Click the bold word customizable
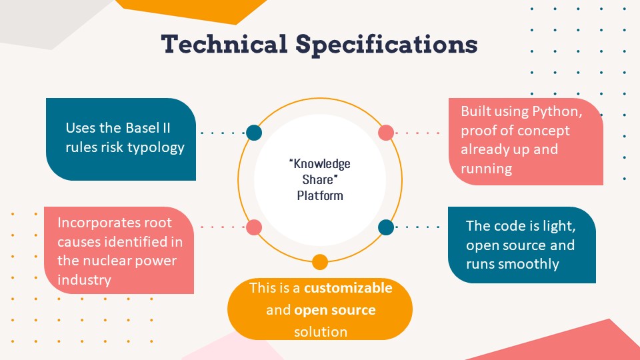point(349,289)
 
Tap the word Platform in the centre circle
point(320,196)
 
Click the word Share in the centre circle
point(320,180)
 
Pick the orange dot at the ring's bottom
point(320,262)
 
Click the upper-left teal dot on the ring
point(254,133)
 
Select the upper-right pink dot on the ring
point(386,133)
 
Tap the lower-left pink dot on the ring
point(254,227)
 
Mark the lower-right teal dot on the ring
point(386,227)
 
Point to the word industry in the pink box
point(84,279)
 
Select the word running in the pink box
point(486,169)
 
